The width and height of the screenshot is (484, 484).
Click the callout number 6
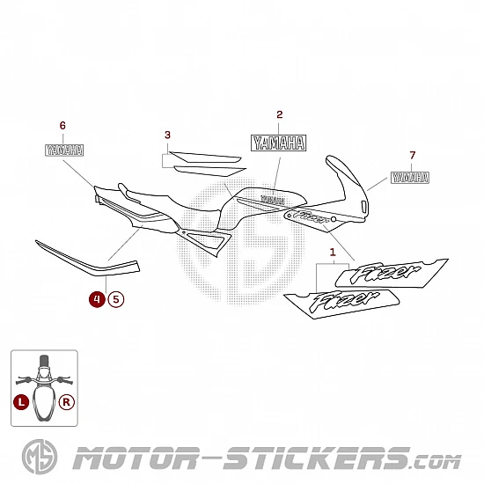[62, 126]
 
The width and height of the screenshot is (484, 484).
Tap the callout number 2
[279, 114]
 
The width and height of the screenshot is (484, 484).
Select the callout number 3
[167, 135]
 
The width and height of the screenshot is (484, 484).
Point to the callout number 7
[413, 155]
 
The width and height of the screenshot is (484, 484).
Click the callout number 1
[333, 253]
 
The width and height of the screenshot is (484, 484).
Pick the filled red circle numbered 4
[97, 299]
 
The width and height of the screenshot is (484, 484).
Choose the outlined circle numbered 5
[116, 299]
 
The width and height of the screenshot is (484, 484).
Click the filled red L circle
[21, 402]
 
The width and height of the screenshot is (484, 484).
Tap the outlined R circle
[67, 402]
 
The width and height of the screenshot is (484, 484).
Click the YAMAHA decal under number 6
[64, 150]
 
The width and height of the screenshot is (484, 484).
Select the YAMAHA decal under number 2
[278, 143]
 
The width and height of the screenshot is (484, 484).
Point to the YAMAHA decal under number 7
[410, 178]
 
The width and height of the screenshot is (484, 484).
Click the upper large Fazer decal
[392, 273]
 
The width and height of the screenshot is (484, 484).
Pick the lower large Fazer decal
[341, 304]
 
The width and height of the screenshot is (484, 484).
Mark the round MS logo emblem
[40, 457]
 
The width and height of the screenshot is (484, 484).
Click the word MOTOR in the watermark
[136, 458]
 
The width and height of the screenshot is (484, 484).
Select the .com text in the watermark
[436, 462]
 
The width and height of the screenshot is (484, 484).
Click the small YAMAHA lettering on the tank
[273, 200]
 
